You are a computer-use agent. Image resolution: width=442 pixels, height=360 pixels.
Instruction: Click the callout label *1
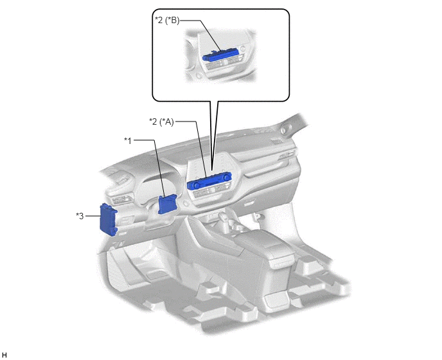click(128, 141)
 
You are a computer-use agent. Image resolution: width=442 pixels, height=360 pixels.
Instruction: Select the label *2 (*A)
click(161, 122)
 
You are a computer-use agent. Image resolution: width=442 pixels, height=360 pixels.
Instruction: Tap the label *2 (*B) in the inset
click(167, 21)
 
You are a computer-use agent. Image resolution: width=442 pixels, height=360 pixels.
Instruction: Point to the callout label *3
click(80, 216)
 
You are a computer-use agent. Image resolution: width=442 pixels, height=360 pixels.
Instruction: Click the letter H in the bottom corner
click(4, 355)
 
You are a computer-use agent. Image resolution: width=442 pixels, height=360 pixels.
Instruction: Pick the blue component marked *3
click(108, 219)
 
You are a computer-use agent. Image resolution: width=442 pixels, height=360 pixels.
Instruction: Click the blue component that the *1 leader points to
click(168, 204)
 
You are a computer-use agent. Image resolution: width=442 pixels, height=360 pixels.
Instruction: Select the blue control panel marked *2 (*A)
click(209, 181)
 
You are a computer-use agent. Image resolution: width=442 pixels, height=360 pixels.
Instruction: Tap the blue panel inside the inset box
click(220, 55)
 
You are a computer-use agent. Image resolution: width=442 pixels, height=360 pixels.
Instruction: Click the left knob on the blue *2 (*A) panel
click(196, 185)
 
